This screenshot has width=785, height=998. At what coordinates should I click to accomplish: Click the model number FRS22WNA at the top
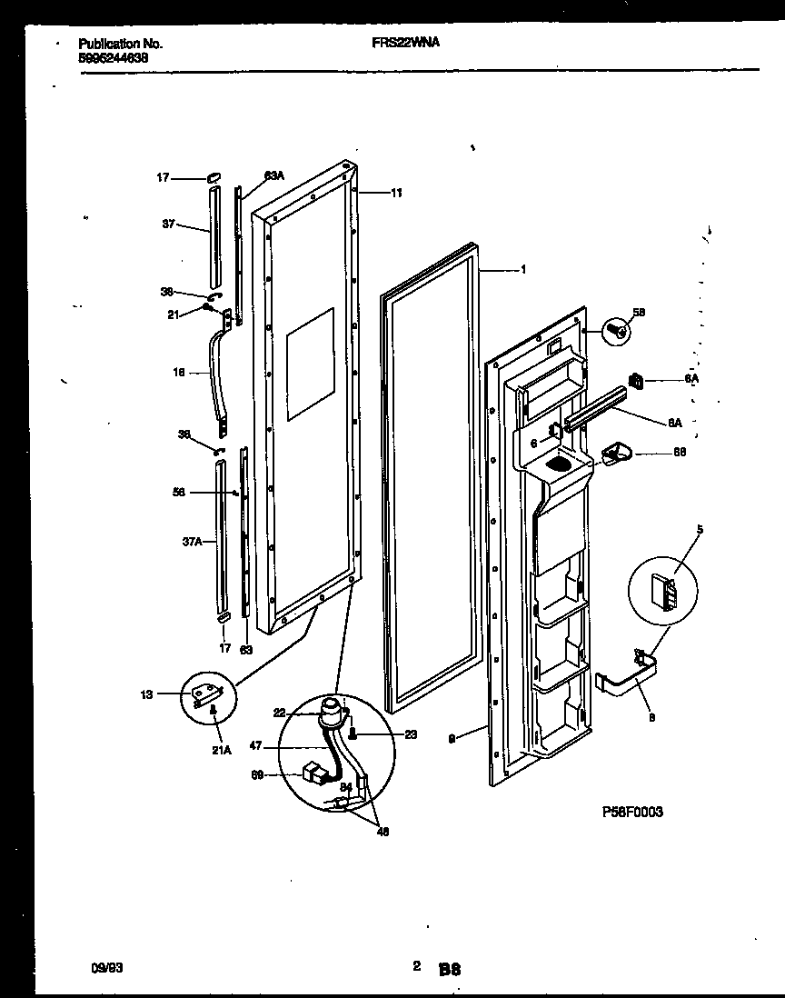[x=406, y=42]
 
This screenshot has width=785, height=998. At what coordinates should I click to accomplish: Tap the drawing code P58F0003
[x=631, y=812]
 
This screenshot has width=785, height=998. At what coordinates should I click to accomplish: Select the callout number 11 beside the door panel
[x=397, y=193]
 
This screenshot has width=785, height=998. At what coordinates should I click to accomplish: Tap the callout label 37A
[x=192, y=542]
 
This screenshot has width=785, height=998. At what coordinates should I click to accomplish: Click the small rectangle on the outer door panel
[x=310, y=364]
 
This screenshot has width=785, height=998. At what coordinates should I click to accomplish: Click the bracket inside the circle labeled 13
[x=208, y=695]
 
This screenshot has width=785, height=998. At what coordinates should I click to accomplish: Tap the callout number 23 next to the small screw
[x=410, y=735]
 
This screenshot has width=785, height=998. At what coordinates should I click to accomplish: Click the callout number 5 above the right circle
[x=673, y=528]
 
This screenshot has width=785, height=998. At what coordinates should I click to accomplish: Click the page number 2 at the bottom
[x=416, y=967]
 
